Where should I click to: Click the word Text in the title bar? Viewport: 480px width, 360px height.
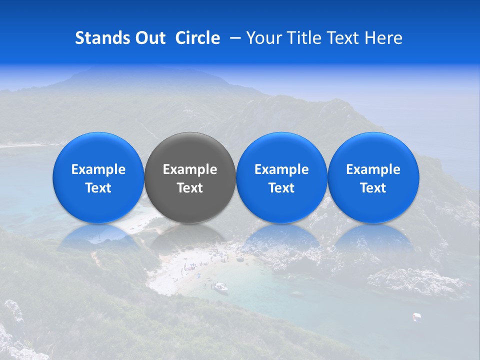click(344, 38)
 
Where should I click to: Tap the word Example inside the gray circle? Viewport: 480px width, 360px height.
click(190, 169)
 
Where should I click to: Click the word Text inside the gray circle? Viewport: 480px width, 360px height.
click(190, 188)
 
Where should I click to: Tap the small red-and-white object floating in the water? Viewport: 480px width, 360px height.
click(416, 316)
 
